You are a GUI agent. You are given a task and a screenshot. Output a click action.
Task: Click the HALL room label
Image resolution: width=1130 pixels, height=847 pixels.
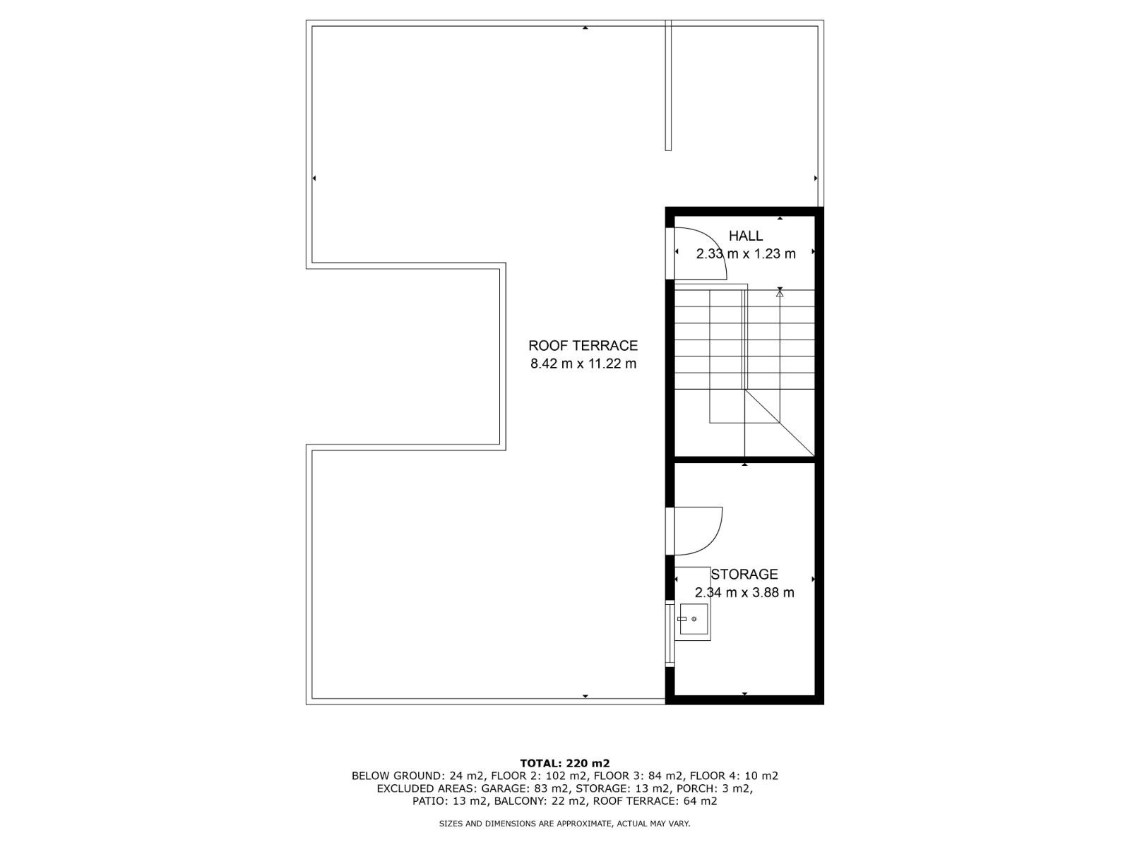tap(745, 236)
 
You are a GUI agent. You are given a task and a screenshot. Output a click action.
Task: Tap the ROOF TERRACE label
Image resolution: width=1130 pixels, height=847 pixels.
tap(583, 346)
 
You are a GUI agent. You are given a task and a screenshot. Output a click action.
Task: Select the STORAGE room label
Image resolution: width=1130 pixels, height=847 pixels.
tap(744, 574)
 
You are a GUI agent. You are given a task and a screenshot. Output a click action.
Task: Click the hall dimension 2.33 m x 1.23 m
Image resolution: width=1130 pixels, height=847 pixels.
tap(746, 253)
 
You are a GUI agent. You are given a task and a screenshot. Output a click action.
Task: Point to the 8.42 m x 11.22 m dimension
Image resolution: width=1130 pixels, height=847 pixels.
tap(583, 364)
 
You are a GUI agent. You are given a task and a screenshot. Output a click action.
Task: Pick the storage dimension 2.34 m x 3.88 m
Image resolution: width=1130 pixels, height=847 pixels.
tap(744, 592)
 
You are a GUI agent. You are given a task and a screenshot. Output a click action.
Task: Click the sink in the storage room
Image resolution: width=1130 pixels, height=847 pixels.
tap(694, 619)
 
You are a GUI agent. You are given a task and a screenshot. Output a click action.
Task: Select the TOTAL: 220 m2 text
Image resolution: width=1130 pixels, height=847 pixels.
tap(565, 763)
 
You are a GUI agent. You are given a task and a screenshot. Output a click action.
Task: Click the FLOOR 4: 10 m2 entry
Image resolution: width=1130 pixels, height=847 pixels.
tap(734, 776)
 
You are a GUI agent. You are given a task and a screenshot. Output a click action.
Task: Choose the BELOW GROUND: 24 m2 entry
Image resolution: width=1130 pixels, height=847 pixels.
tap(417, 776)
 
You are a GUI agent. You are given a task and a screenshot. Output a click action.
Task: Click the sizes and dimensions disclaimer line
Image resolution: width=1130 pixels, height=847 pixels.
tap(564, 823)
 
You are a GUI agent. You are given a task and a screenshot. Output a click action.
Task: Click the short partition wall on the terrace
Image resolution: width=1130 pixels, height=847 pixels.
tap(668, 85)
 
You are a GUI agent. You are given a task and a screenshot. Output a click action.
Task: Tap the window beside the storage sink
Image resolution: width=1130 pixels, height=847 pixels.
tap(670, 634)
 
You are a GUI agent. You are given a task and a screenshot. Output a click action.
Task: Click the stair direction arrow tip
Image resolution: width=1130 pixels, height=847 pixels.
tap(780, 290)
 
